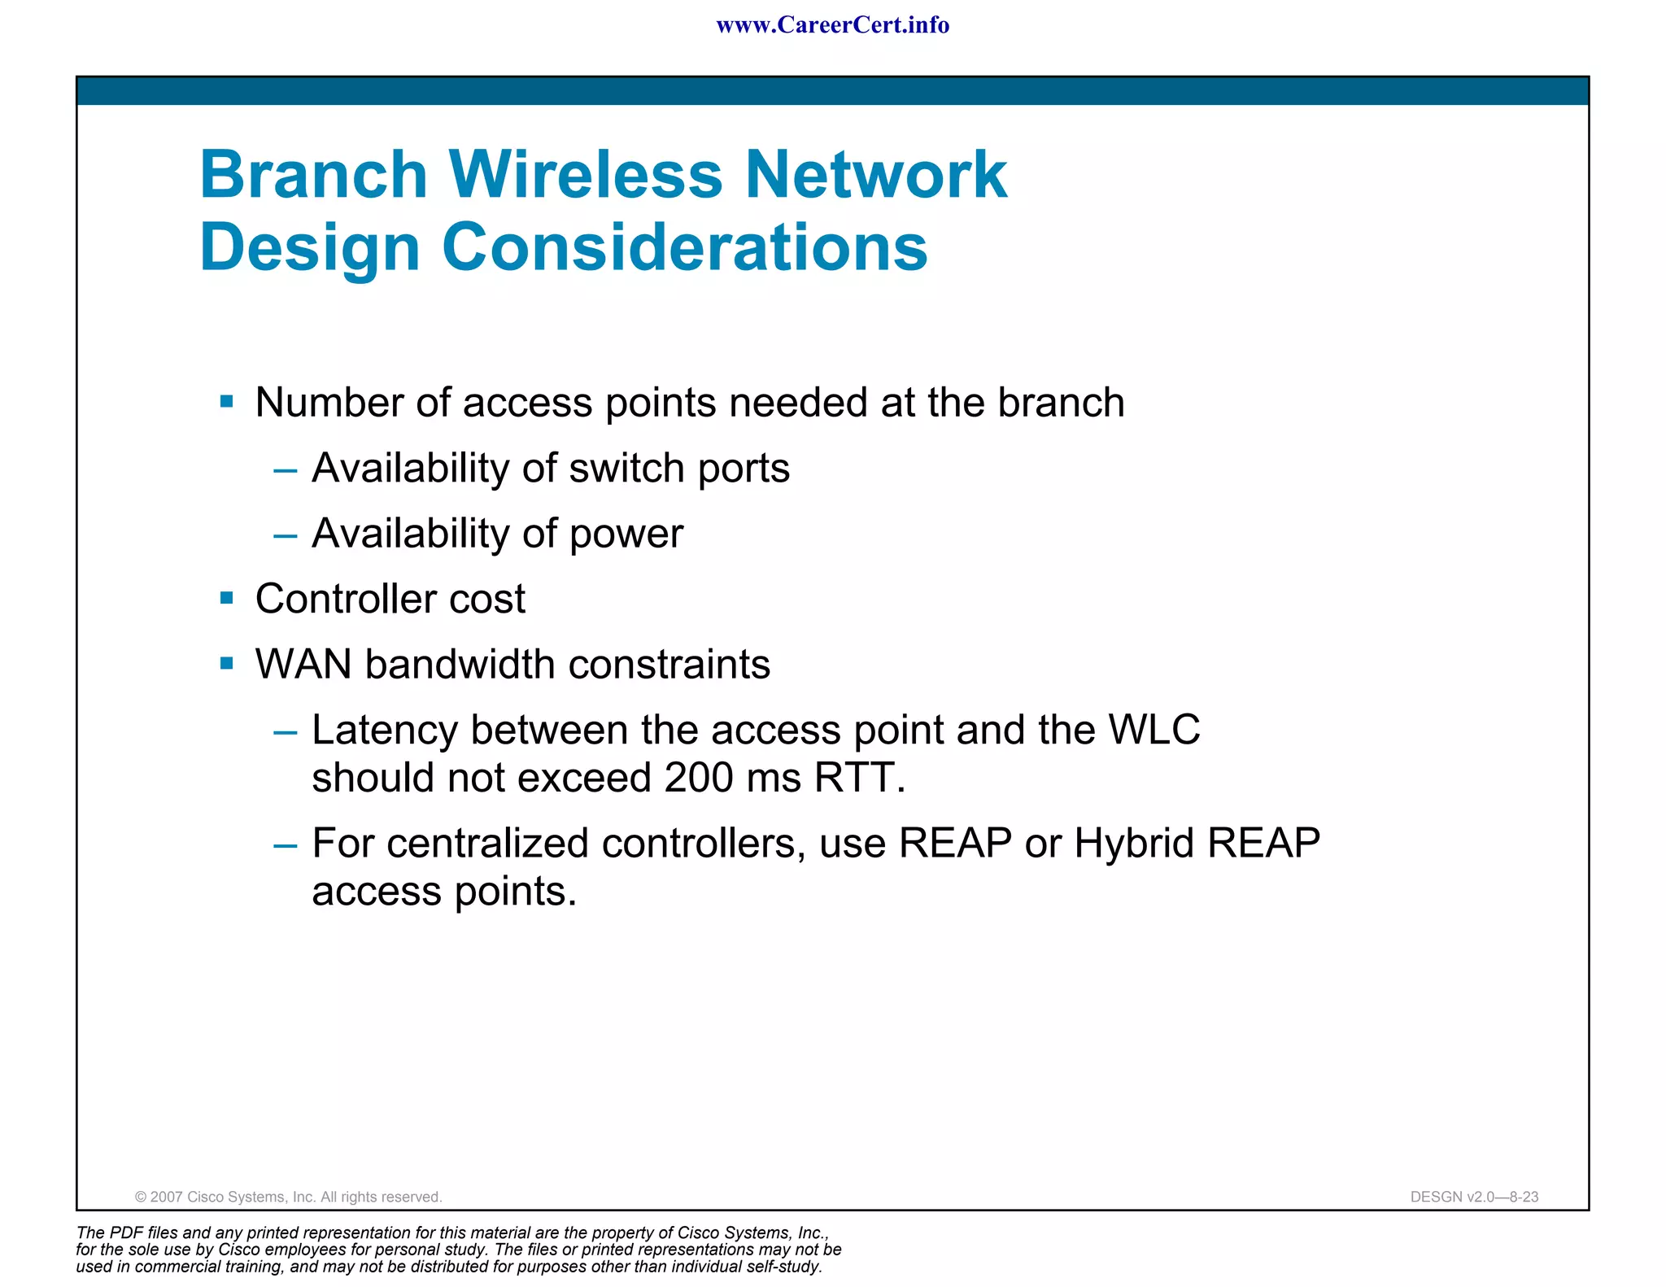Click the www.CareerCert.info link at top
click(x=832, y=25)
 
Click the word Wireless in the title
click(x=585, y=175)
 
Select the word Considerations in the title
click(x=684, y=247)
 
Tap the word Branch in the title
click(x=314, y=175)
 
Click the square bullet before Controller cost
click(x=227, y=599)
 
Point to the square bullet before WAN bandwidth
click(x=227, y=664)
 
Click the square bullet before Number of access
click(x=227, y=402)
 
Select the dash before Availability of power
click(x=286, y=535)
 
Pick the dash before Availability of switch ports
click(x=286, y=470)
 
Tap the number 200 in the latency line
click(x=699, y=778)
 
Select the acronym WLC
click(x=1154, y=729)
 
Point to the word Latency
click(x=385, y=730)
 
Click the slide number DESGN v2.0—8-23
click(x=1474, y=1197)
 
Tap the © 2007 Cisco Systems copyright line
click(x=288, y=1197)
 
